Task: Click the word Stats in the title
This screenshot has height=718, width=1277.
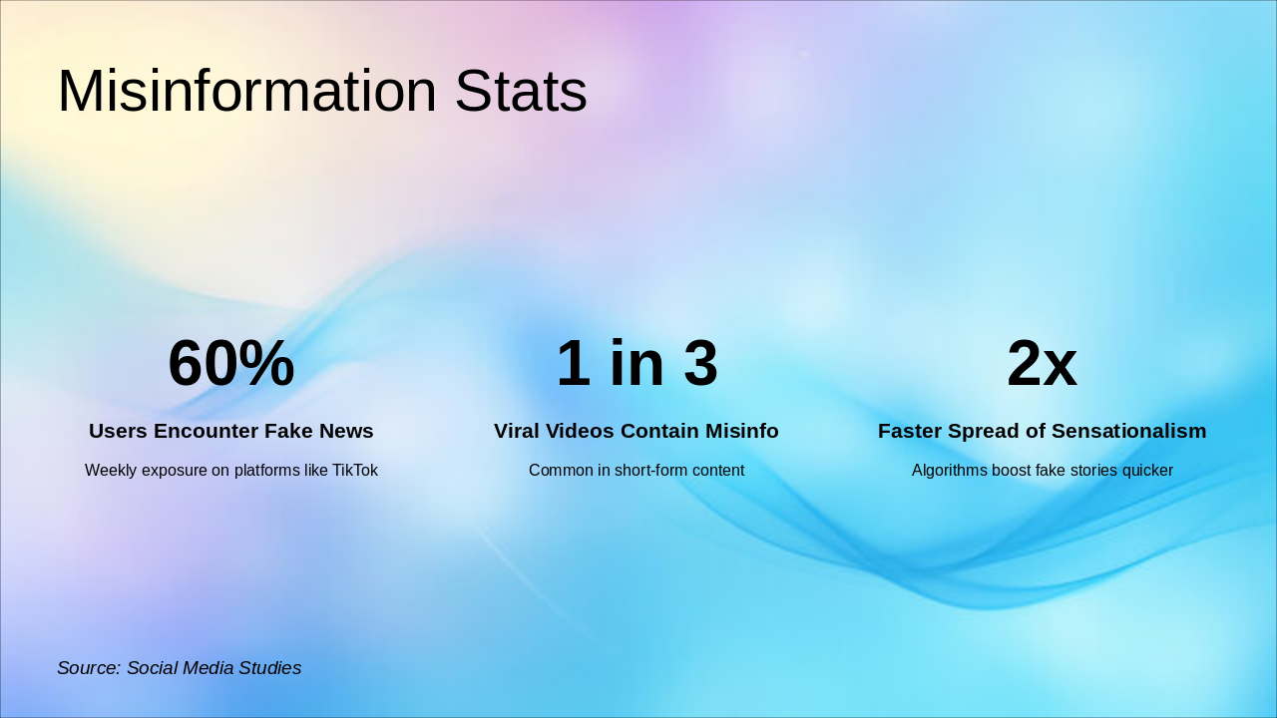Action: [x=520, y=92]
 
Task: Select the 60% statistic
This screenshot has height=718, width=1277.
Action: [x=230, y=363]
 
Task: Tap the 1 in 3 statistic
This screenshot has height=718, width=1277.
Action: [x=637, y=363]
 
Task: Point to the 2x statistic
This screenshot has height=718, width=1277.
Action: [x=1042, y=363]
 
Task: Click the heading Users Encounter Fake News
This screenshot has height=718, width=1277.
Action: [x=230, y=431]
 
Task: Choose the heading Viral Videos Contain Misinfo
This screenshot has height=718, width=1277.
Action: [x=637, y=431]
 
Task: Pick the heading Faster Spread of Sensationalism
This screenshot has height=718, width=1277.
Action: [x=1042, y=431]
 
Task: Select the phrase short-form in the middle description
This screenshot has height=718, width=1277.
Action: [x=649, y=471]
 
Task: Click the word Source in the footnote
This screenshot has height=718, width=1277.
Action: [x=88, y=668]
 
